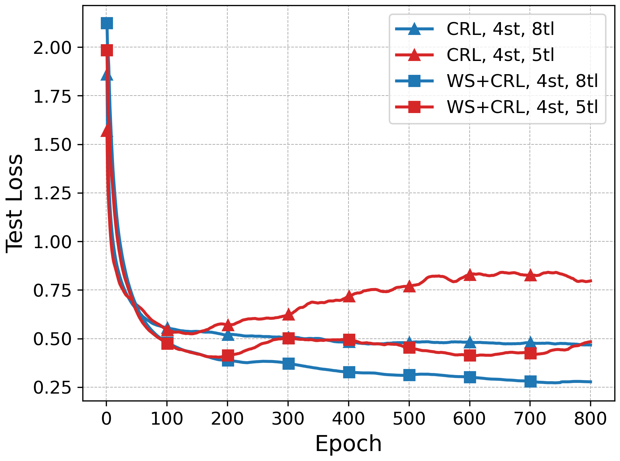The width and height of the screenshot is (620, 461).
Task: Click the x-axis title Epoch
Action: (x=348, y=444)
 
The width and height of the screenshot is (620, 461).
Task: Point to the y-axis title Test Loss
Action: (x=14, y=203)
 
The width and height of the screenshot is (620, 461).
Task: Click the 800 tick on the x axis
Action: (x=590, y=418)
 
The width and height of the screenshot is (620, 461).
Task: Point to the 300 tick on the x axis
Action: (x=288, y=418)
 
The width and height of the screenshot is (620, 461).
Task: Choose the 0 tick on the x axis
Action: (x=106, y=418)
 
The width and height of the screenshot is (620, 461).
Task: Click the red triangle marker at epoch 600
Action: (x=470, y=275)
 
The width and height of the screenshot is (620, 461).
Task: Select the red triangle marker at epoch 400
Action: (x=349, y=296)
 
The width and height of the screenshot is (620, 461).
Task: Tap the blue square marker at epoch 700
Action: (x=530, y=381)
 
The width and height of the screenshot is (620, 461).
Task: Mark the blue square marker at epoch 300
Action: (x=288, y=364)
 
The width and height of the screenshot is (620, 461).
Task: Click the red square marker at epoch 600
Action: (x=470, y=355)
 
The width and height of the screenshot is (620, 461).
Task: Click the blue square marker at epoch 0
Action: (x=107, y=24)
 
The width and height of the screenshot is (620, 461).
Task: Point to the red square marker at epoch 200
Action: (x=228, y=355)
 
